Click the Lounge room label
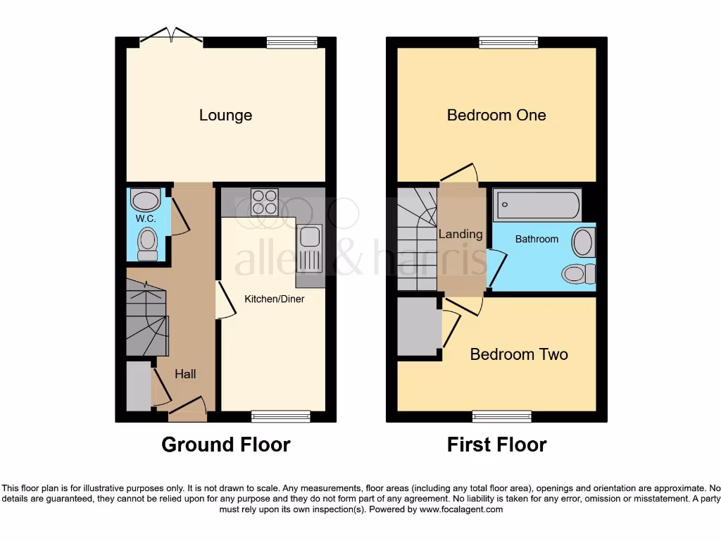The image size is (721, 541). [x=225, y=115]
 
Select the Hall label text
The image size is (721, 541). [x=185, y=374]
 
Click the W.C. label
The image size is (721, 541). [x=146, y=219]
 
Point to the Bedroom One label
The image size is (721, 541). [x=496, y=115]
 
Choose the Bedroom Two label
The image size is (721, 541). [x=519, y=354]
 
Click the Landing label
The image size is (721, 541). [x=460, y=234]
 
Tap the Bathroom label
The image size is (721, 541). [x=537, y=239]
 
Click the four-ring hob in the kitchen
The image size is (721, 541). [x=264, y=202]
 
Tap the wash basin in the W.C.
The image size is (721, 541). [x=146, y=200]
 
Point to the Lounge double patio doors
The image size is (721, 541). [x=172, y=37]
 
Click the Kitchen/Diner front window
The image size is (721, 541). [x=271, y=417]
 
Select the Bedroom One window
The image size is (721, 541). [x=508, y=42]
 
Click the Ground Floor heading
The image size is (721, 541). [x=225, y=444]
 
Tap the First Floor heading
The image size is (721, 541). [x=496, y=444]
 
